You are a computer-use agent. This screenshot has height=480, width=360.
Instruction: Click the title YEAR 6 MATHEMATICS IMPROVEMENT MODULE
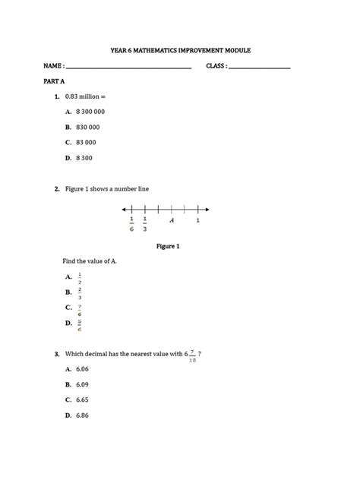180,51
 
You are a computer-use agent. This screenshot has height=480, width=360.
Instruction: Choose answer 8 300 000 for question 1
90,112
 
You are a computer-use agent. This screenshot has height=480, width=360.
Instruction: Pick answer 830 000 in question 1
87,127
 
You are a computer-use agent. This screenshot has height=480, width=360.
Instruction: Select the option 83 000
85,142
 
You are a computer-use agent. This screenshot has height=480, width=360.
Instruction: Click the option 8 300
84,157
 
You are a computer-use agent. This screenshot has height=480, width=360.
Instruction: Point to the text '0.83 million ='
90,96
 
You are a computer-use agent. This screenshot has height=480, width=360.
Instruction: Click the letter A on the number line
172,220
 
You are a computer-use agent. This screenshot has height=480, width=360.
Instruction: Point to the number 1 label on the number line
198,220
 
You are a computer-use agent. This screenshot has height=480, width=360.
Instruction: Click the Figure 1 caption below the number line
168,246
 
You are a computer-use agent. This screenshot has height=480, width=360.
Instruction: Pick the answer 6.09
83,384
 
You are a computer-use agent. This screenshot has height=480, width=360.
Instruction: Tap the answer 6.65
83,399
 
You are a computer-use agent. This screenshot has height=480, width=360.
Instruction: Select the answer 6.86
83,415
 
